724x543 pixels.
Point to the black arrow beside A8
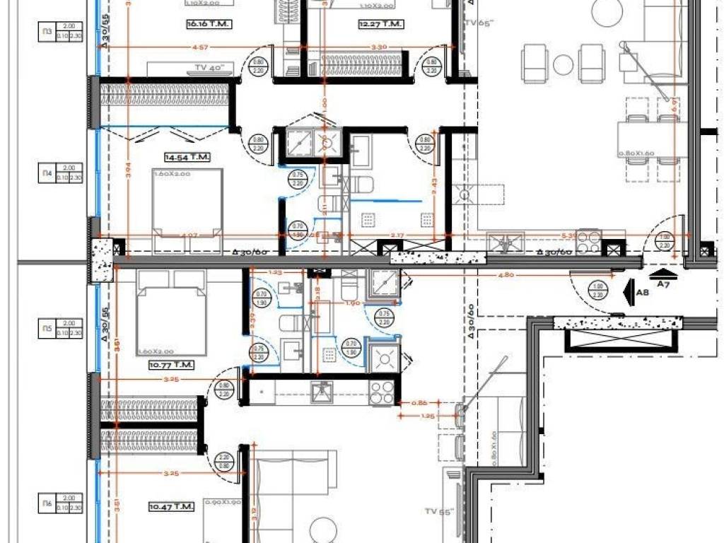[x=627, y=290]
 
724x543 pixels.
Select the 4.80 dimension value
[x=506, y=275]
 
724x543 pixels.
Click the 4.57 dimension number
[x=200, y=47]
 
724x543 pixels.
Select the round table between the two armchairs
[x=562, y=64]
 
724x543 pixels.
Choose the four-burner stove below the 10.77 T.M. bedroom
[x=382, y=392]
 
